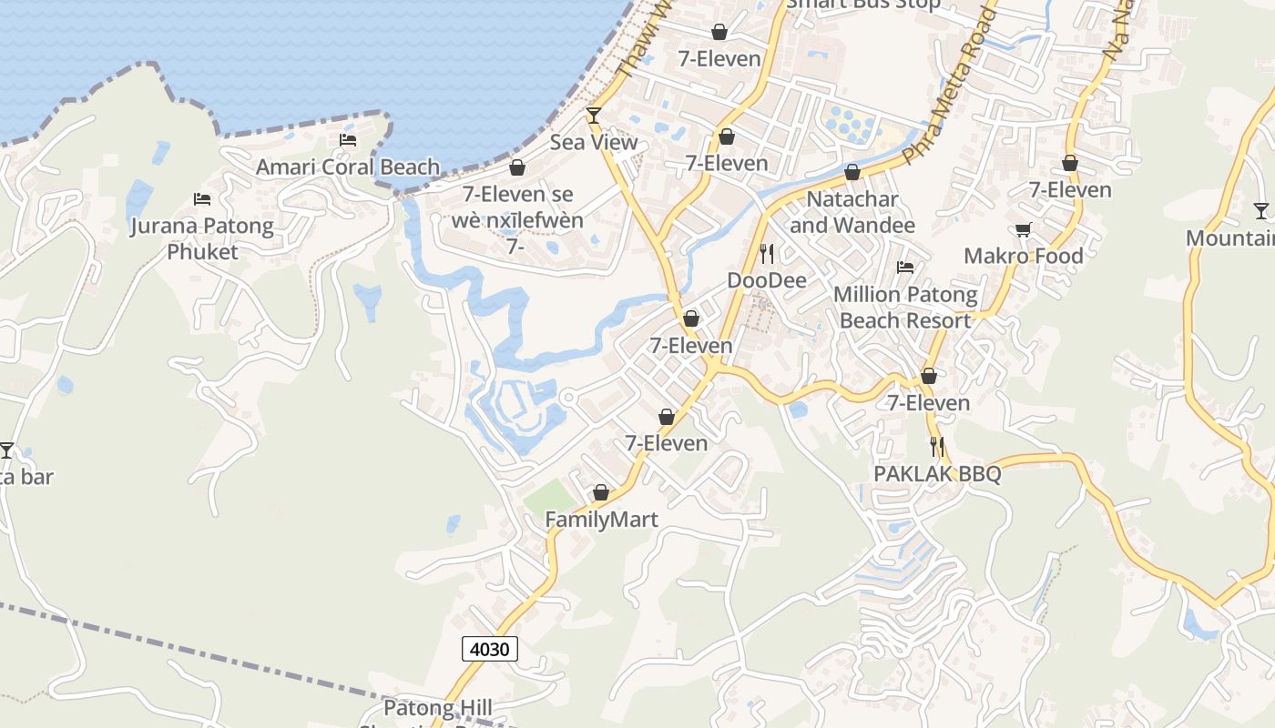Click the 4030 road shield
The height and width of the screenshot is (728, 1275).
coord(490,649)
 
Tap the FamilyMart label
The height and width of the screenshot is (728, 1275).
coord(601,519)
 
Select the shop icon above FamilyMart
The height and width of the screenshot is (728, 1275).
coord(601,492)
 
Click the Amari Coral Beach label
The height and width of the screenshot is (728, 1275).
coord(348,167)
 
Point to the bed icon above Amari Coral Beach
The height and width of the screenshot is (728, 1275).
coord(348,139)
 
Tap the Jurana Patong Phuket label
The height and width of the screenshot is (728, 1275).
coord(202,238)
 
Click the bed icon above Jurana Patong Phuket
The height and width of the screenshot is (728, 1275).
coord(202,199)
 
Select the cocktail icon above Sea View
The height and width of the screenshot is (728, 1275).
coord(594,115)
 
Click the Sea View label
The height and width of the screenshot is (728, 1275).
coord(594,143)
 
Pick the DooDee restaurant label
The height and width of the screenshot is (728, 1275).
coord(767,280)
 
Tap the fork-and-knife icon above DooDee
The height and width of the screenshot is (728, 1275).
coord(767,253)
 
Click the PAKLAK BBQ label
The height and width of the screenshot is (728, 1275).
coord(937,473)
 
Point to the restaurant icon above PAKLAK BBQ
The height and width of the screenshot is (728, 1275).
coord(937,447)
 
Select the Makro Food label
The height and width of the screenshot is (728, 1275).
coord(1024,256)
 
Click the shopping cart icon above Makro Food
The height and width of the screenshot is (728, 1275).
coord(1024,230)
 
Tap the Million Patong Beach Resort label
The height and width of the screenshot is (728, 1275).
coord(905,308)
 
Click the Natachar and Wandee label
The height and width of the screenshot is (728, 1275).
coord(852,211)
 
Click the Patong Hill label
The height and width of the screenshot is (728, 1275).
coord(437,708)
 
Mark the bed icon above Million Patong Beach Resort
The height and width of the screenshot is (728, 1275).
coord(905,268)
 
